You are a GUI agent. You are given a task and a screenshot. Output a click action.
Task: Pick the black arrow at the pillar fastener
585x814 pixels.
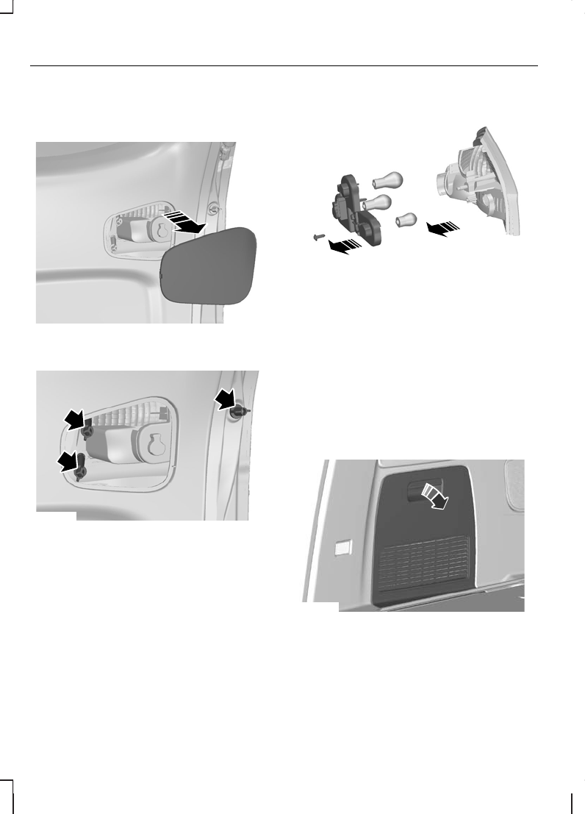(223, 401)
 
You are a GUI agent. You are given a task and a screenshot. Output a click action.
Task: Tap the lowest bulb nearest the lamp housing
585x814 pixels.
(406, 219)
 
